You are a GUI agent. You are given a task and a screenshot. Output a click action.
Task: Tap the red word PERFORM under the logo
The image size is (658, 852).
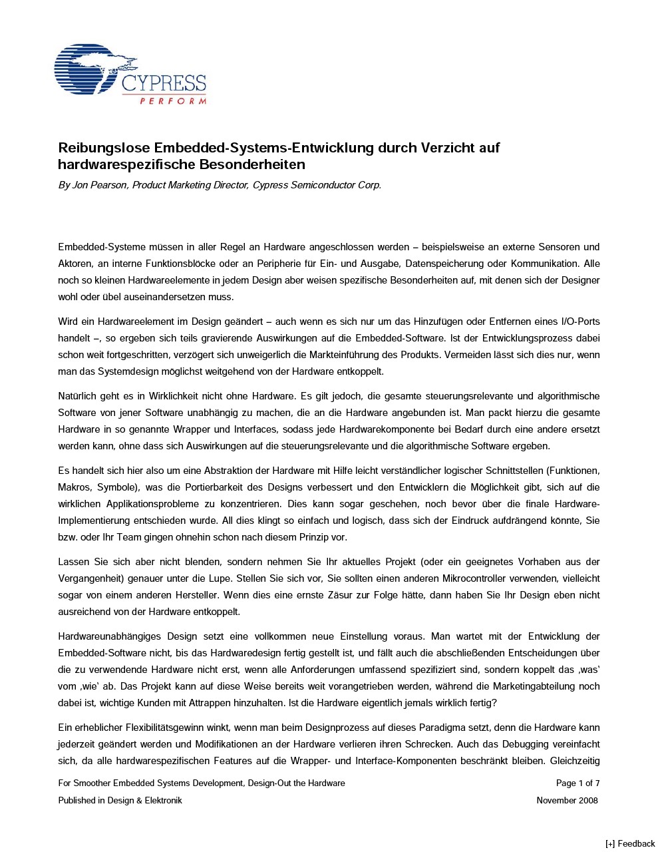[173, 101]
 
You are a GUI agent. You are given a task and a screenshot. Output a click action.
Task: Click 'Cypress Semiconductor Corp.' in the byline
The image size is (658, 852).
[317, 185]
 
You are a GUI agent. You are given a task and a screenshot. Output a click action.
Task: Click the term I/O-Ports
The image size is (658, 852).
[578, 322]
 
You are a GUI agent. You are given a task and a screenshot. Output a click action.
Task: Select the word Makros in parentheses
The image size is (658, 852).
[74, 487]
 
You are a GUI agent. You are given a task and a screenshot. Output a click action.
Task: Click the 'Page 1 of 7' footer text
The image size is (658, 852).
[577, 783]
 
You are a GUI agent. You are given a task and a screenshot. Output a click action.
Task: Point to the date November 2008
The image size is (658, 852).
[567, 801]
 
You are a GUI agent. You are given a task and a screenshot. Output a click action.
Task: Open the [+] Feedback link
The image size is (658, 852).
[630, 843]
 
